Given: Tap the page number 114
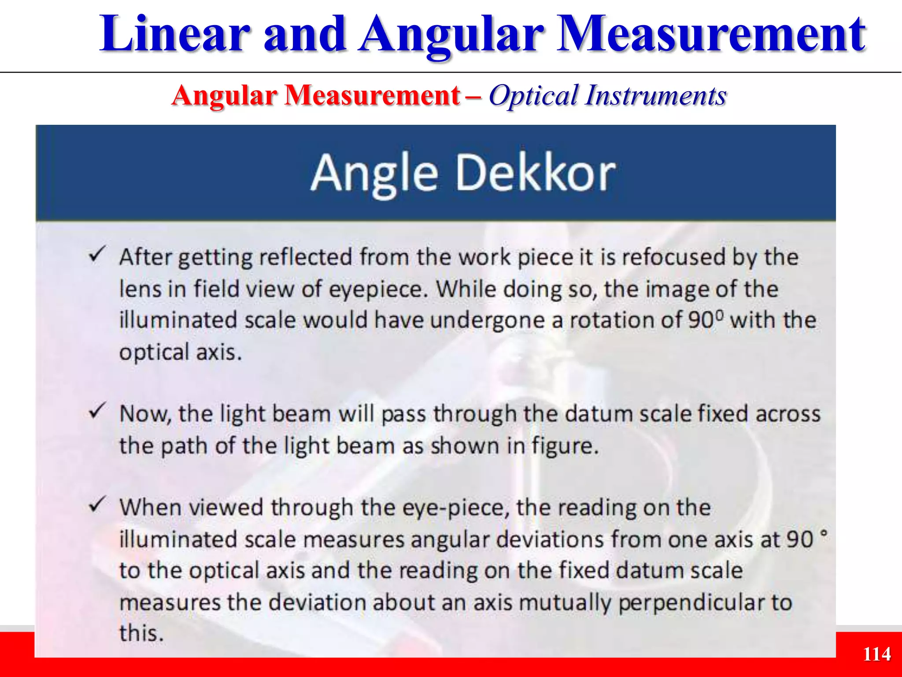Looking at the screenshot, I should (x=877, y=654).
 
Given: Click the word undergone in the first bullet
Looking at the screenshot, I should (x=487, y=320).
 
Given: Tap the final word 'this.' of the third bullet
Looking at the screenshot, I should (x=141, y=633).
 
